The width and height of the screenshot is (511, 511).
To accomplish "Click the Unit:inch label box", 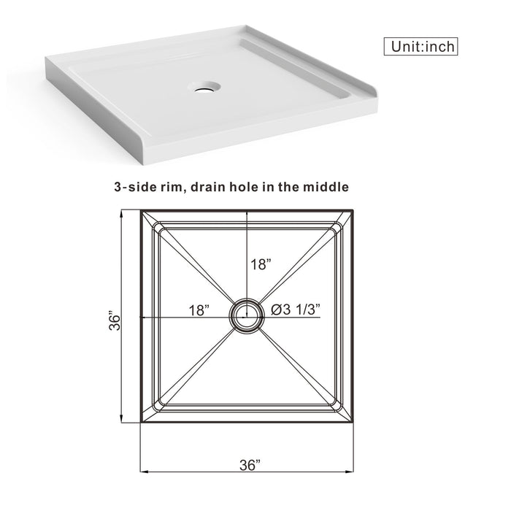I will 421,46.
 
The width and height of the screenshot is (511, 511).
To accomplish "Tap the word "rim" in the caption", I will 176,187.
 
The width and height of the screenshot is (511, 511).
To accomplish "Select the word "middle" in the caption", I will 325,187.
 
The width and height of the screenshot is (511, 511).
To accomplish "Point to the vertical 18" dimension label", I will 261,265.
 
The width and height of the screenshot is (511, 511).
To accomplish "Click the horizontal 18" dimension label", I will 198,310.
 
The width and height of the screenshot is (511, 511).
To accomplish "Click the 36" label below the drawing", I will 248,466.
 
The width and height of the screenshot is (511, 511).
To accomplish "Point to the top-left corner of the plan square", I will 140,210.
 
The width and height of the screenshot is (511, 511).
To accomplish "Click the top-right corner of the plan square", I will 354,210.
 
